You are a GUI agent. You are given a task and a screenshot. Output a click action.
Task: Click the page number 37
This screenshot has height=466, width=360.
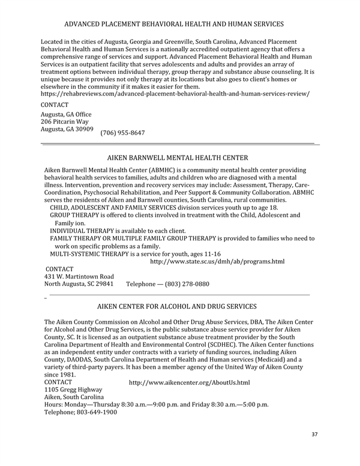click(x=315, y=434)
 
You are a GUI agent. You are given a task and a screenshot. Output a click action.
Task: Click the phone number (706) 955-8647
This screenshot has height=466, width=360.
click(x=122, y=132)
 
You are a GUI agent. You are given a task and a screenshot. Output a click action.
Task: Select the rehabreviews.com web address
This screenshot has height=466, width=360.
click(x=175, y=94)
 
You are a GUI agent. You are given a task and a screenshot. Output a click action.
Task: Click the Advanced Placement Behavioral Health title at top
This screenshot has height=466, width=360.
click(x=174, y=25)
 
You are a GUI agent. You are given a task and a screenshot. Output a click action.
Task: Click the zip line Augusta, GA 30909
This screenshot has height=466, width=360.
click(x=67, y=130)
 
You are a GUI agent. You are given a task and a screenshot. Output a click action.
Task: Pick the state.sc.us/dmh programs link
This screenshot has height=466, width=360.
click(x=217, y=262)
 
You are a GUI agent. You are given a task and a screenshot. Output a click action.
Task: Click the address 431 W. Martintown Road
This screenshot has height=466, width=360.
click(x=79, y=276)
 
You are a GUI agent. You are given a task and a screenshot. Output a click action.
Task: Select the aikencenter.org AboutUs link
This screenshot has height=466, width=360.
click(x=189, y=383)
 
